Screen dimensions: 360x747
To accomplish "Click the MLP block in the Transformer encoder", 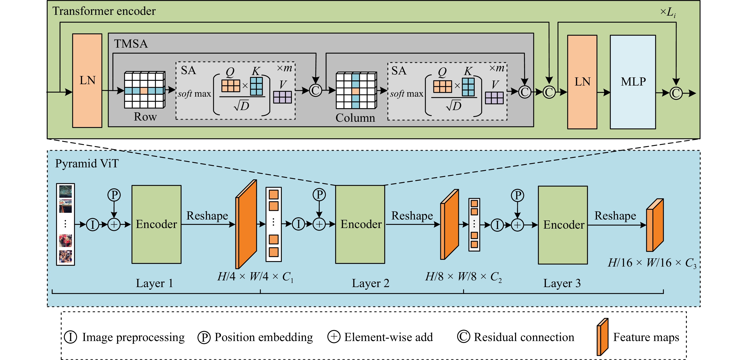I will pyautogui.click(x=633, y=82).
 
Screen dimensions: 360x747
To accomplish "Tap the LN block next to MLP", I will pyautogui.click(x=582, y=82).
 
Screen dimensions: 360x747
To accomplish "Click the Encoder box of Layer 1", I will pyautogui.click(x=156, y=224).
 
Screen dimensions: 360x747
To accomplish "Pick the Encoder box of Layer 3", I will pyautogui.click(x=563, y=225).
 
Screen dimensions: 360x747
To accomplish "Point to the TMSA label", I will pyautogui.click(x=131, y=44).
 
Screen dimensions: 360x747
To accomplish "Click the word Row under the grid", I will pyautogui.click(x=145, y=117).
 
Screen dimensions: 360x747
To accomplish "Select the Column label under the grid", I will pyautogui.click(x=355, y=118).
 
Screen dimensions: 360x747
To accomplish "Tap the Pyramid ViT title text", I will pyautogui.click(x=87, y=163).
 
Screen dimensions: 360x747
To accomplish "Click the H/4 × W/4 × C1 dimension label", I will pyautogui.click(x=255, y=277).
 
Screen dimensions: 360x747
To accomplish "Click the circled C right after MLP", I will pyautogui.click(x=676, y=93).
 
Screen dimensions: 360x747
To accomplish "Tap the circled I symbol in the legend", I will pyautogui.click(x=71, y=337).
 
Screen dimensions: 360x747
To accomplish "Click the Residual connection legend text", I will pyautogui.click(x=524, y=337).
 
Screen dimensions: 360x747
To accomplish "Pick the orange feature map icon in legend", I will pyautogui.click(x=602, y=337).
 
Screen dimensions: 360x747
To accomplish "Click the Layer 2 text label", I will pyautogui.click(x=370, y=283).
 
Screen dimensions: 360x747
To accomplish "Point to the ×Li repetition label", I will pyautogui.click(x=668, y=12).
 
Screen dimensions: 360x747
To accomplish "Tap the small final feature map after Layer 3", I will pyautogui.click(x=655, y=225).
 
